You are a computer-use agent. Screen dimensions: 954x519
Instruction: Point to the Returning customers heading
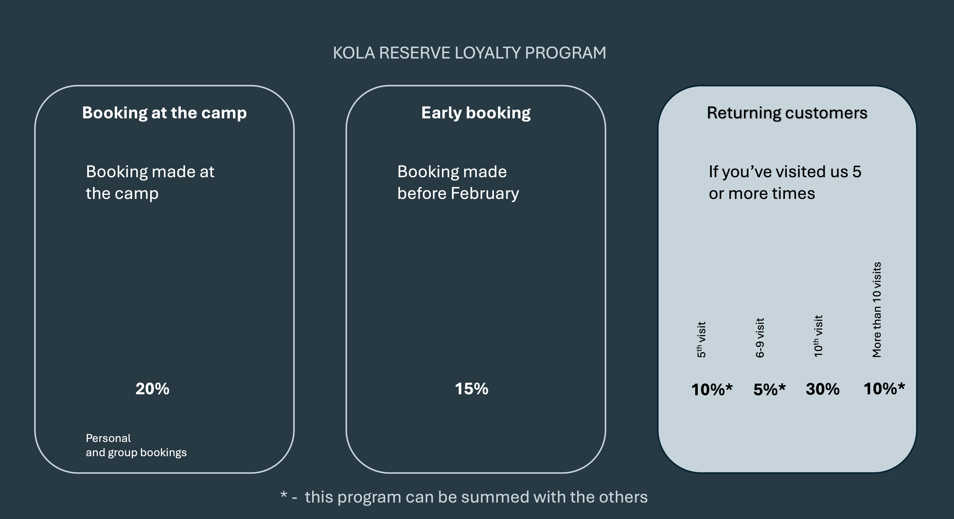coord(787,113)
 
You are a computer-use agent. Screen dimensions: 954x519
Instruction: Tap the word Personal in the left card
coord(108,438)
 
